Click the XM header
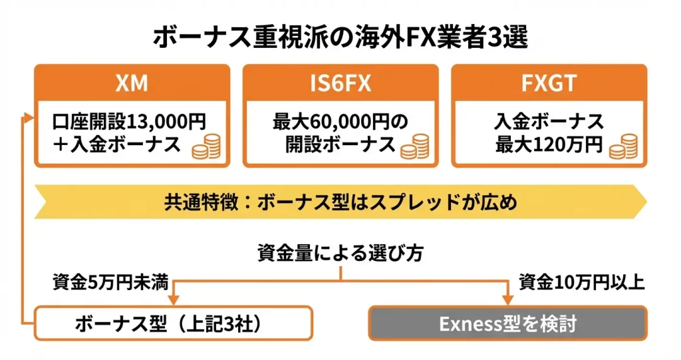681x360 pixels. tap(132, 84)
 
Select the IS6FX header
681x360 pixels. tap(340, 84)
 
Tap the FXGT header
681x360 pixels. tap(549, 84)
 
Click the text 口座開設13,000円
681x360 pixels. tap(129, 122)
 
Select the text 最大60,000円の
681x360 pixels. tap(340, 122)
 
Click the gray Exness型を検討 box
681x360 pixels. tap(507, 324)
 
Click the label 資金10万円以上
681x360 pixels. tap(581, 282)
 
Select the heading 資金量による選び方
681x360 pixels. tap(340, 254)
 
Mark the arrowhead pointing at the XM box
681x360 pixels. tap(28, 116)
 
